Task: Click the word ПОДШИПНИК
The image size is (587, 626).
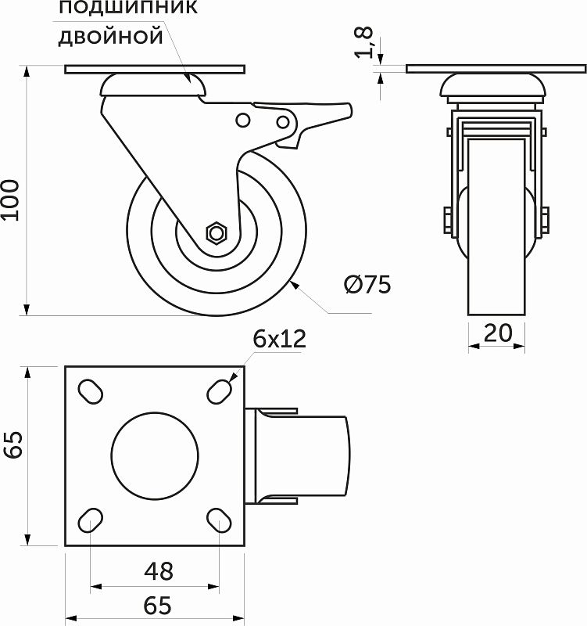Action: coord(128,7)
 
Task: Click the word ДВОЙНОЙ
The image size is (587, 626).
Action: coord(111,37)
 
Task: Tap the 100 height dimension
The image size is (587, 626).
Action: coord(10,200)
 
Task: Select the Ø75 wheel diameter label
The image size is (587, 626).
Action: coord(367,285)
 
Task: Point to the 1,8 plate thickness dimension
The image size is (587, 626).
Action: coord(364,42)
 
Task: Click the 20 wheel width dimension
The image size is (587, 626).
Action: coord(497,333)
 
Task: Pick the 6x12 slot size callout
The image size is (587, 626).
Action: coord(279,339)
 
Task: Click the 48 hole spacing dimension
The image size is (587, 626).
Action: coord(159,571)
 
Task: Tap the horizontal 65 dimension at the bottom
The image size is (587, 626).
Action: coord(158,606)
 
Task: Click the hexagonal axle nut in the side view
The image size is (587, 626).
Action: coord(217,232)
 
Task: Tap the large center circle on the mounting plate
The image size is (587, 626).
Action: coord(155,455)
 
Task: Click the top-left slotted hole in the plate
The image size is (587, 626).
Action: coord(90,392)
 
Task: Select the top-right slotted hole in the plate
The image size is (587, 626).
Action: coord(220,392)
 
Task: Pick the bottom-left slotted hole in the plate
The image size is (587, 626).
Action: coord(90,520)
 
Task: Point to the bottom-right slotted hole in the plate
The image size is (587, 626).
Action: coord(220,520)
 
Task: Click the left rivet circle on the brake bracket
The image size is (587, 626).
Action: coord(242,121)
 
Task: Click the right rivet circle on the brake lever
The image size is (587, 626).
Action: coord(283,122)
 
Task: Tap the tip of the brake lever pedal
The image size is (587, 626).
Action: coord(350,110)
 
